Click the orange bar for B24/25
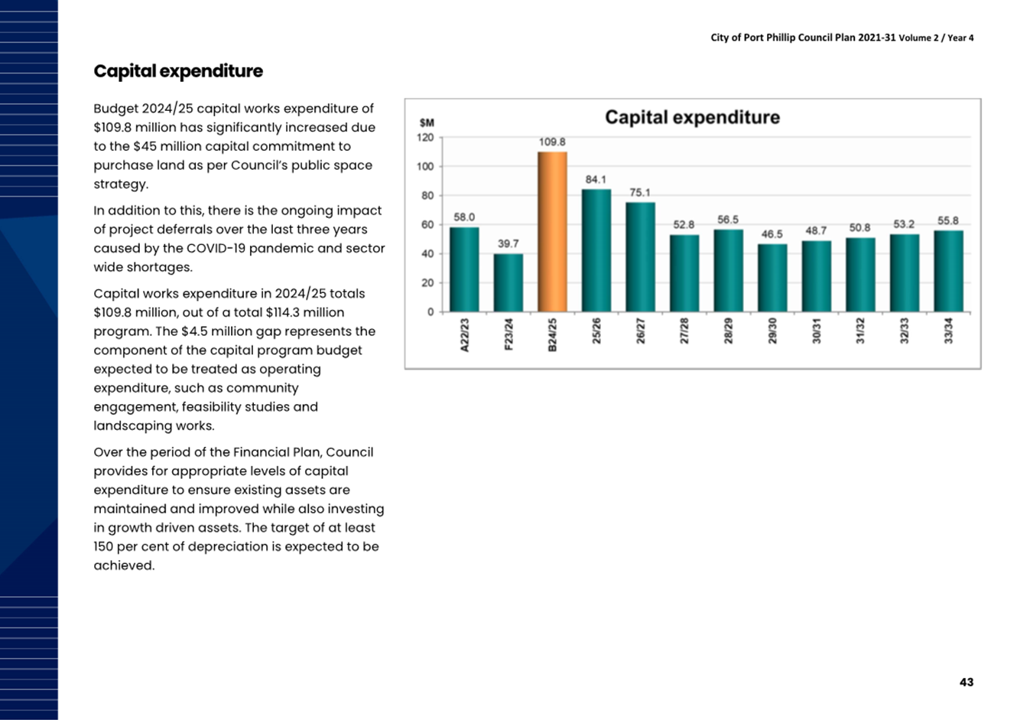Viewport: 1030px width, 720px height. pos(552,231)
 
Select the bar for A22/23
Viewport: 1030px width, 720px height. pos(464,269)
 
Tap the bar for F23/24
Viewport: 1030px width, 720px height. pos(508,282)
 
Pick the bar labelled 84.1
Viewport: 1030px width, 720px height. pos(596,250)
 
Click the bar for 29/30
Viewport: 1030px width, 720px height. pos(772,278)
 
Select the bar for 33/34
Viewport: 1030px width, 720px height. pos(949,271)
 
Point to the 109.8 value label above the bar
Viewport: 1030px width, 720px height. pos(552,142)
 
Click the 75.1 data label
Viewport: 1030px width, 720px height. pos(640,193)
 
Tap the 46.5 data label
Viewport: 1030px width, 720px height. pos(772,234)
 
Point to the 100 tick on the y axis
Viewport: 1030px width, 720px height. pos(425,167)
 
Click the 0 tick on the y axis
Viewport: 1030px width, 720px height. pos(431,312)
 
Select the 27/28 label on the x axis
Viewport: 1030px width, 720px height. pos(684,331)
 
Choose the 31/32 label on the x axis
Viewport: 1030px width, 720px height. pos(860,331)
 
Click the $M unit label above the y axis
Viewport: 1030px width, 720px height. pos(427,123)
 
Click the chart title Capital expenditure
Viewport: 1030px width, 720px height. pos(693,117)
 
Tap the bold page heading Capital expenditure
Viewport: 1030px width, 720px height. pos(178,71)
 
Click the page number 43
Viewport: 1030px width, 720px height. pos(967,682)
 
